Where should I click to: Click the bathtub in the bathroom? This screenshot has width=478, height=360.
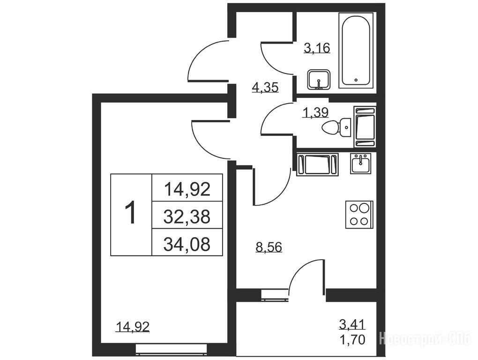(x=356, y=50)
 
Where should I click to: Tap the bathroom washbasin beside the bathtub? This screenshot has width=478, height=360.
(x=319, y=80)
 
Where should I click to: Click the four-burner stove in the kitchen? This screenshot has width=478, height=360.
(x=359, y=214)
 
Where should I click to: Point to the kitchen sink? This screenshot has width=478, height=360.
(x=361, y=164)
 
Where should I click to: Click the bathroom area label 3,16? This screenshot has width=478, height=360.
(x=317, y=48)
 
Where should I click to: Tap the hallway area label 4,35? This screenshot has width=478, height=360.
(x=265, y=88)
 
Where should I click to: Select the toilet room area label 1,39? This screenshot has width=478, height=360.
(x=315, y=113)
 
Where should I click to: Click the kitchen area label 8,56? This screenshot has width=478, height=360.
(x=269, y=247)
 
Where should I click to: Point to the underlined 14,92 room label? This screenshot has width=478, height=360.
(x=133, y=327)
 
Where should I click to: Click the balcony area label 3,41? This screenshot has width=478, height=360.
(x=352, y=324)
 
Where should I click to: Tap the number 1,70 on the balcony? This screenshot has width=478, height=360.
(x=352, y=339)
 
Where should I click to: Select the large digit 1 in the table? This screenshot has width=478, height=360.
(x=131, y=214)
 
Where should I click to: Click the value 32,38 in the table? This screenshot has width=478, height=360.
(x=187, y=217)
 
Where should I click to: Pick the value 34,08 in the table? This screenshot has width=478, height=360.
(x=187, y=244)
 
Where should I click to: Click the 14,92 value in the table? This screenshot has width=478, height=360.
(x=187, y=189)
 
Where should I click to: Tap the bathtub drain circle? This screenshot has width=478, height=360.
(x=356, y=80)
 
